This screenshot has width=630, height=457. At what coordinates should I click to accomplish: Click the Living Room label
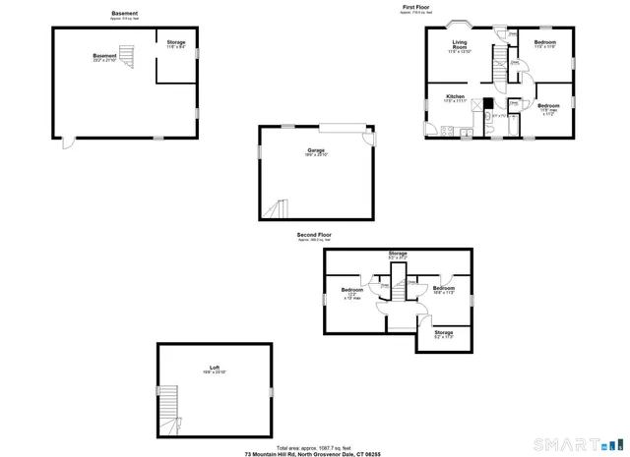coord(460,44)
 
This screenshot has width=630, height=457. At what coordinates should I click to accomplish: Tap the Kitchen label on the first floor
coord(455,97)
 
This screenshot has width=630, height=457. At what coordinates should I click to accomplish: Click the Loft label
coord(215,368)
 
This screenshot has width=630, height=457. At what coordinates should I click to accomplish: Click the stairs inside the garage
coord(276,208)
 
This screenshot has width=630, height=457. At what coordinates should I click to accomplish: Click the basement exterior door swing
coord(67,143)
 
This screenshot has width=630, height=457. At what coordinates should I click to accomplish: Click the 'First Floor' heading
coord(415,7)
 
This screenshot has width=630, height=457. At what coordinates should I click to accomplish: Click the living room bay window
coord(460,24)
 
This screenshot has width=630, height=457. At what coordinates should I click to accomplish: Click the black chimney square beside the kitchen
coord(486,101)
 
